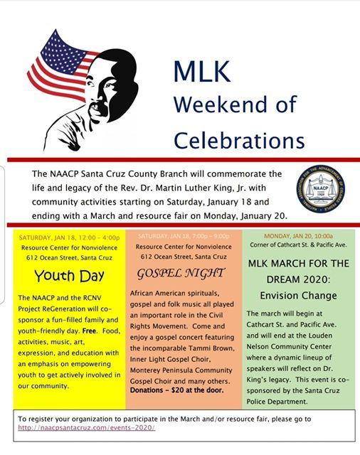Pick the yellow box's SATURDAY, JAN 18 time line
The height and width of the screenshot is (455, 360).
click(x=69, y=236)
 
